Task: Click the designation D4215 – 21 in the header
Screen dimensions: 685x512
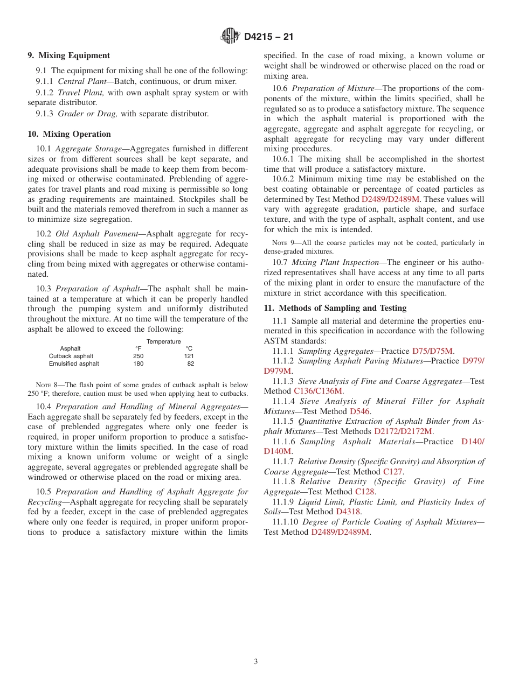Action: (x=268, y=37)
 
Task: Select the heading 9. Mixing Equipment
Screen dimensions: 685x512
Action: (x=69, y=55)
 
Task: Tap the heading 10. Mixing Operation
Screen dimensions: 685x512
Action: (x=70, y=134)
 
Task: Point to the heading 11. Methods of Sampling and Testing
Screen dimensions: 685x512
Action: (x=335, y=308)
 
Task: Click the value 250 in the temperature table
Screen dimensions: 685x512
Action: (x=139, y=356)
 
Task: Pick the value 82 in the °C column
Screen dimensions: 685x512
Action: (x=191, y=364)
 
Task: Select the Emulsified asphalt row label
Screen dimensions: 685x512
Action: (x=74, y=364)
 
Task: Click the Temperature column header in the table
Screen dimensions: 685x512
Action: (x=164, y=341)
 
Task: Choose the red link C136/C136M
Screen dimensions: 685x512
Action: (x=318, y=391)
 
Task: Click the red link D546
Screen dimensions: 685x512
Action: (x=359, y=411)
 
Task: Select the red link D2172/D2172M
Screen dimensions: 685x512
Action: (x=403, y=431)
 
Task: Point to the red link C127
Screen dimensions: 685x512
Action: (x=393, y=472)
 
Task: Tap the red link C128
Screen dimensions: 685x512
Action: (x=365, y=492)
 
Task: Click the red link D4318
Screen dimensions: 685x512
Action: (x=348, y=512)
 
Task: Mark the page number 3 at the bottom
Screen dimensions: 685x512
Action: (x=256, y=662)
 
